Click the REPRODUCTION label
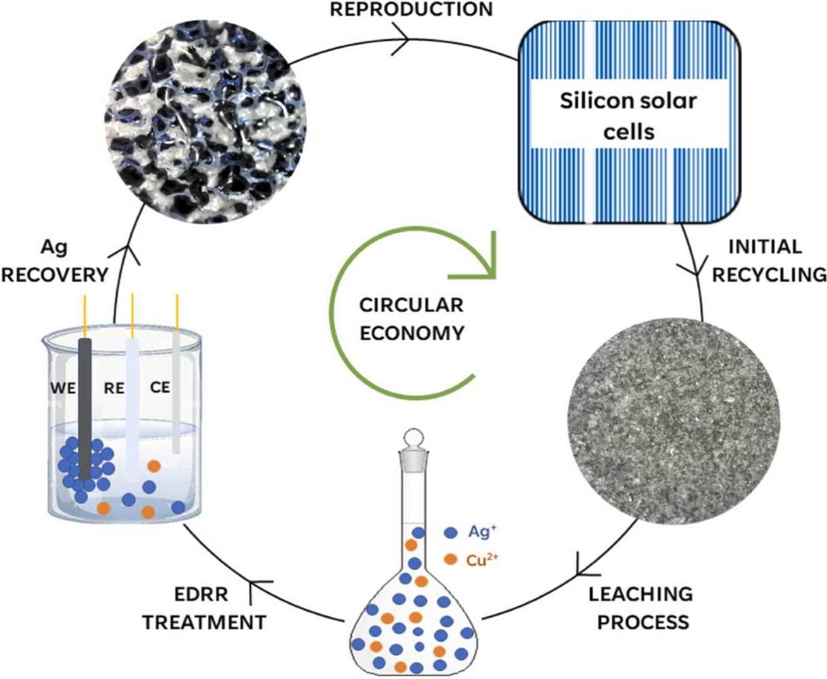point(411,9)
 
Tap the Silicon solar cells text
point(628,116)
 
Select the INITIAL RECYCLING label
point(768,260)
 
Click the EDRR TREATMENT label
point(204,608)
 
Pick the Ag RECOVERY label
point(54,261)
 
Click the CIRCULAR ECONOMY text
point(412,319)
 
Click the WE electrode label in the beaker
point(63,388)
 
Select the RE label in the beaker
point(114,389)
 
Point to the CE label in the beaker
point(160,387)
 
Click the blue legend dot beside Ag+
point(450,533)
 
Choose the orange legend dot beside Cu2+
point(450,559)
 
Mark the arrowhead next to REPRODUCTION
point(402,39)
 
